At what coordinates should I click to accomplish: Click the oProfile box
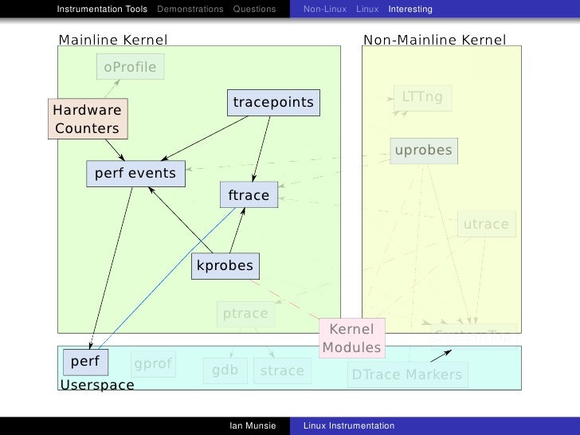130,68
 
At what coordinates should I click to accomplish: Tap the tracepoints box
272,103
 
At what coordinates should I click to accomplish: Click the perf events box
135,173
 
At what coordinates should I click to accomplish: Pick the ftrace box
249,195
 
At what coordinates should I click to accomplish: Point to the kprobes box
225,266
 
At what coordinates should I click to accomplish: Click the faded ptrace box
245,314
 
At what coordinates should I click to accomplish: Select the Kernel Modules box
351,339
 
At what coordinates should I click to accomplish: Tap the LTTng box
421,97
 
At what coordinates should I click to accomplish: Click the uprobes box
423,150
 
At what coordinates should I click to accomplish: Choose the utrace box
485,225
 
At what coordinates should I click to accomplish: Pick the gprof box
153,365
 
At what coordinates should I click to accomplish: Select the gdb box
225,370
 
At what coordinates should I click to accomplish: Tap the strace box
282,370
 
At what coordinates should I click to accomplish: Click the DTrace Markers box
406,374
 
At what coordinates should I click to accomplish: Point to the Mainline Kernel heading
113,39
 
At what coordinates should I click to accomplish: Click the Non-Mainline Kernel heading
434,39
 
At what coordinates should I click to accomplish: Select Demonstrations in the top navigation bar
190,10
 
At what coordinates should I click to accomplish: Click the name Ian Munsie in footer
252,426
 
